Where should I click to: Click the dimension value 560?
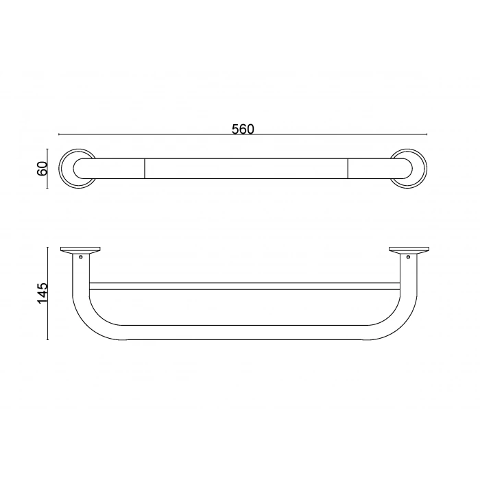tap(243, 129)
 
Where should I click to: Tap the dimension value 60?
tap(42, 169)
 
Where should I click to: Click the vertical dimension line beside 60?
tap(47, 169)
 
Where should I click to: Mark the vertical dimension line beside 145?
tap(47, 293)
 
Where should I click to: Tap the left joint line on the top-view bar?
tap(144, 169)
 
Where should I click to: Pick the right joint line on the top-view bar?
tap(348, 169)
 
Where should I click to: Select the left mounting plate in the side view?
tap(80, 249)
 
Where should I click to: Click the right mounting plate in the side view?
tap(409, 249)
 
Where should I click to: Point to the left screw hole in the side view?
tap(82, 257)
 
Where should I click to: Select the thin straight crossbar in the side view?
tap(244, 286)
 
